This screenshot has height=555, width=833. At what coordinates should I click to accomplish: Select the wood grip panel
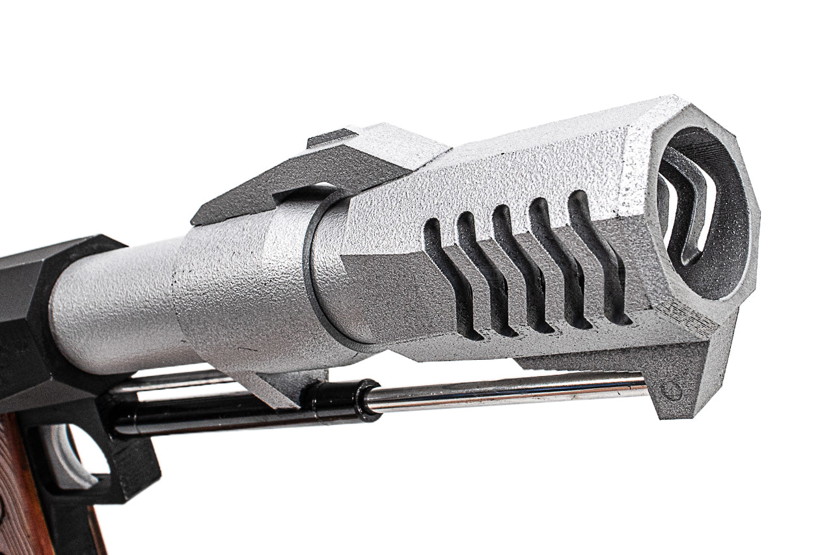click(23, 494)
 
